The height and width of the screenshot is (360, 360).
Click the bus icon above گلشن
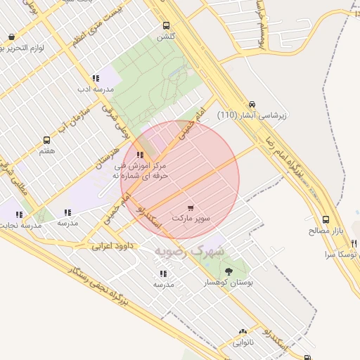pos(166,25)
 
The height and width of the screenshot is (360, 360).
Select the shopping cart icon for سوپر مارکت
pos(191,208)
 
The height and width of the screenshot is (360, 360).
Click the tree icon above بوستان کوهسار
pos(228,271)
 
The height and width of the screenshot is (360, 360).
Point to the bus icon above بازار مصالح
pos(325,219)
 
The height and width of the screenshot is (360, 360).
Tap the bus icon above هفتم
pos(47,140)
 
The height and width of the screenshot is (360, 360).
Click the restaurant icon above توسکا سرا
pos(354,243)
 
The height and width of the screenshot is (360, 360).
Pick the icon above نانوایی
pos(243,331)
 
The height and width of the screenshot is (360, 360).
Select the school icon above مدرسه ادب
pos(96,79)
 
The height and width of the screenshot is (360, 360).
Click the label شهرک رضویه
pos(191,250)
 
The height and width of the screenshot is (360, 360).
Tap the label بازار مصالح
pos(324,230)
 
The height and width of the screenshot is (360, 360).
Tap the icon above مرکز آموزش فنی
pos(141,155)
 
